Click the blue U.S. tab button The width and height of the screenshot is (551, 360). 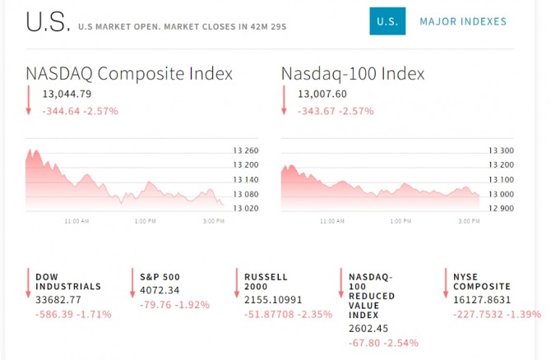[x=387, y=21]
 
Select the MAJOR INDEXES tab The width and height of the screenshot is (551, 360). [x=463, y=21]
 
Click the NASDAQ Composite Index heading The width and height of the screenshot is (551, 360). [x=129, y=73]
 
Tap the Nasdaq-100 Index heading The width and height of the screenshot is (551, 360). [x=353, y=73]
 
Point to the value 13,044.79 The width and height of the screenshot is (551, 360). [x=67, y=94]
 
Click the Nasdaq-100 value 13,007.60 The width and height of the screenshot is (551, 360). [x=322, y=94]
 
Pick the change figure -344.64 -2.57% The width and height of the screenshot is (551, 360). [x=80, y=110]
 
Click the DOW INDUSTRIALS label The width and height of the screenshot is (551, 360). [x=67, y=281]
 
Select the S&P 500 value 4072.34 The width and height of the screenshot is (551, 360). [x=160, y=289]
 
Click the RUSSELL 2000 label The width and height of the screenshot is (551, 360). [x=266, y=281]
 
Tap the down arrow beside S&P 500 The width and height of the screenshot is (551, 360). [x=132, y=283]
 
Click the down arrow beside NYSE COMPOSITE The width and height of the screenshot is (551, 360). [x=445, y=283]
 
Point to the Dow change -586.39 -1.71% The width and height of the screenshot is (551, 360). [x=72, y=314]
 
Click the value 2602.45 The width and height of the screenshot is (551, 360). [x=368, y=328]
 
